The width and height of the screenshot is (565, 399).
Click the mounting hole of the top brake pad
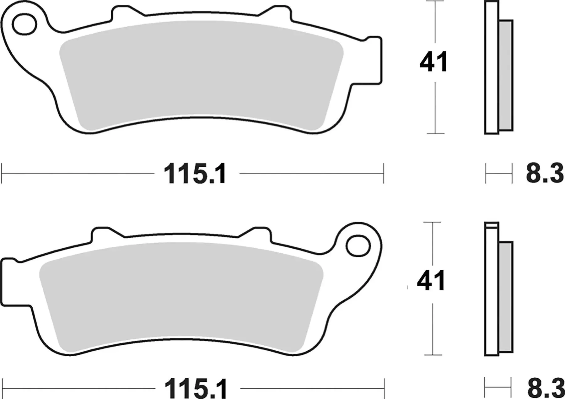tap(24, 24)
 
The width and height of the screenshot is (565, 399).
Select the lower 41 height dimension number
tap(431, 280)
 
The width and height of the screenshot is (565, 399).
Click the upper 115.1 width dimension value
tap(195, 174)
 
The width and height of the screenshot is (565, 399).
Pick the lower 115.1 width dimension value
tap(196, 389)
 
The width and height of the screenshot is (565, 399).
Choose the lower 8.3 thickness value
tap(546, 389)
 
